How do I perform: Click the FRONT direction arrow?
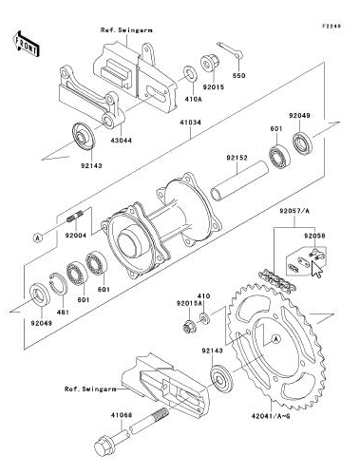[x=27, y=44]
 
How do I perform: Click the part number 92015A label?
[x=189, y=303]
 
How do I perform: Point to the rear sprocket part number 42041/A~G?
[x=271, y=416]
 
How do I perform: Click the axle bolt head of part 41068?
[x=104, y=446]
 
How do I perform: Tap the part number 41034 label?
[x=190, y=123]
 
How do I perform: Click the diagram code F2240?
[x=332, y=26]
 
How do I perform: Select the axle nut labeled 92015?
[x=210, y=65]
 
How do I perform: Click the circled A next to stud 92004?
[x=38, y=237]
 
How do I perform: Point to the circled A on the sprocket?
[x=276, y=339]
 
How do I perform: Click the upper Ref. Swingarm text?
[x=126, y=30]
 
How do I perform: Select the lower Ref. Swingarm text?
[x=90, y=389]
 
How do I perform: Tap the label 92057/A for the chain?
[x=294, y=211]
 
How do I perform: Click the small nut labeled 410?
[x=204, y=317]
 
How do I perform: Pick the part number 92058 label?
[x=314, y=236]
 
